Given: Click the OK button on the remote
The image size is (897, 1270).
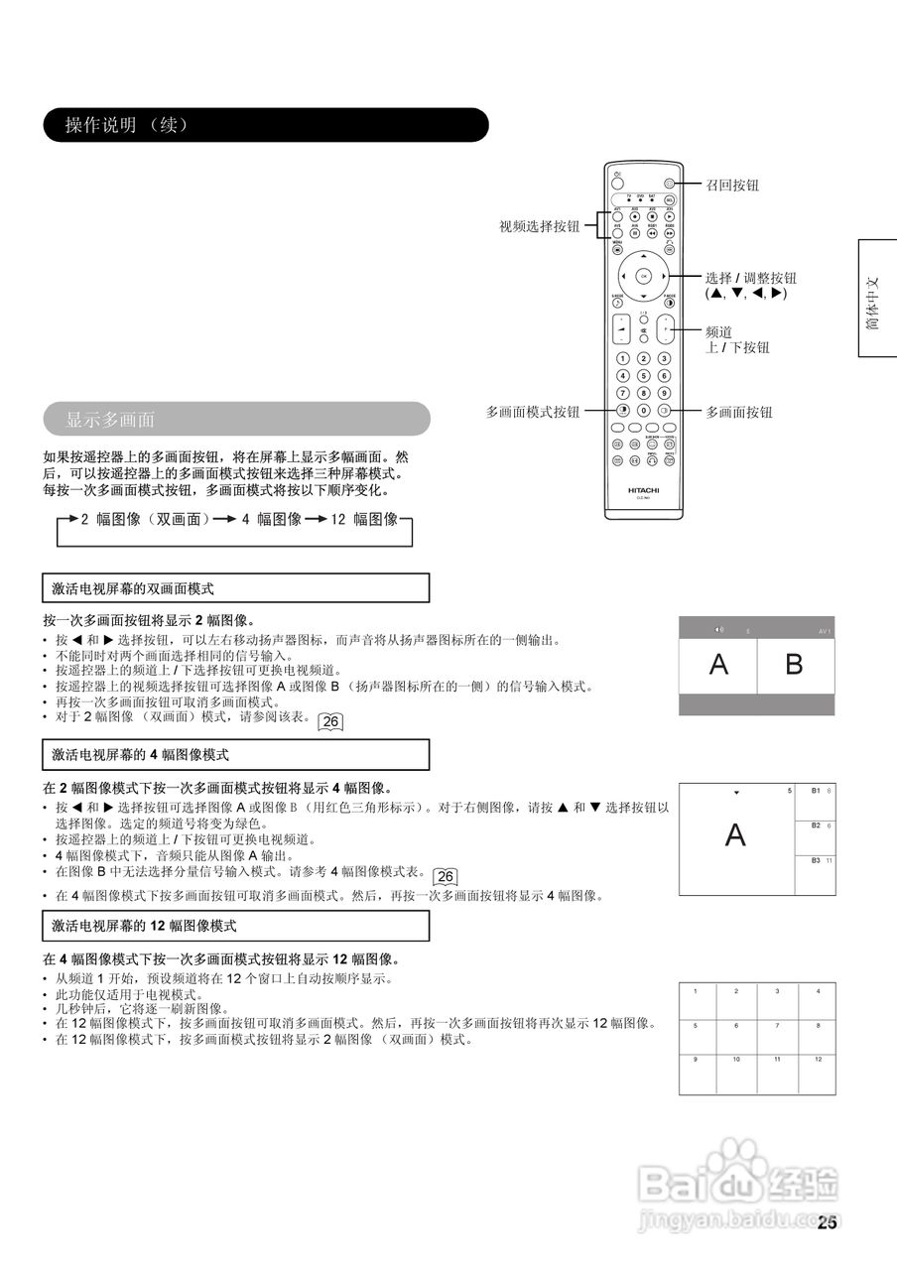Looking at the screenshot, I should pos(643,275).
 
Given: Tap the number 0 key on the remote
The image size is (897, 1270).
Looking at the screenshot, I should pos(643,411).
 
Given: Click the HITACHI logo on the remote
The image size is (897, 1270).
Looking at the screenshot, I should pos(643,490).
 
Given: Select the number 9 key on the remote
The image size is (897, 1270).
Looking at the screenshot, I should pos(663,394).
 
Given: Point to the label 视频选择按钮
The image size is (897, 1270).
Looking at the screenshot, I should pos(539,226).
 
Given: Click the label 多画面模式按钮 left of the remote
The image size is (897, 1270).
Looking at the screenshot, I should pos(533,411).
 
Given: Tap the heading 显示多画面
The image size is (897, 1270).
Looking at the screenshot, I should pos(110,419).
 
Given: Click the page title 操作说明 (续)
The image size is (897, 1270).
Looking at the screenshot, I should pos(126,125).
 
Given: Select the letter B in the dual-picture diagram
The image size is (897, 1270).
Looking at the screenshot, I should pos(794,665).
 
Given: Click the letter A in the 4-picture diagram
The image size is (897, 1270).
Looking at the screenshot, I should pos(735,835).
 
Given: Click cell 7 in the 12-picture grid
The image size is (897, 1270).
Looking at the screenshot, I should pos(777,1025).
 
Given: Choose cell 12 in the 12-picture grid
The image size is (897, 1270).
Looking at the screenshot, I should pos(818,1060).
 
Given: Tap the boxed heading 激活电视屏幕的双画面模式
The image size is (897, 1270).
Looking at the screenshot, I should pos(133,588).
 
